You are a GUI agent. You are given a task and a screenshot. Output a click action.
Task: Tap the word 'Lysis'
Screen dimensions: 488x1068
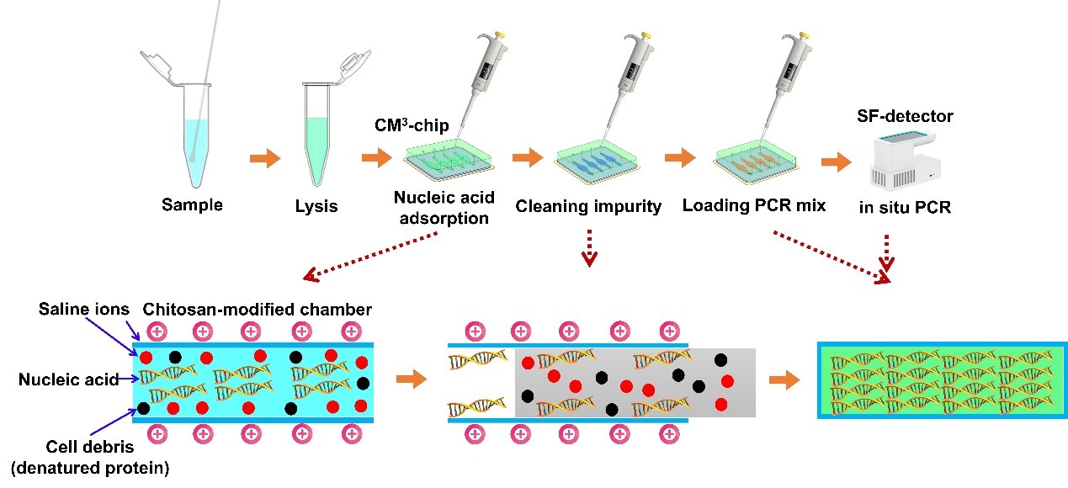pyautogui.click(x=316, y=206)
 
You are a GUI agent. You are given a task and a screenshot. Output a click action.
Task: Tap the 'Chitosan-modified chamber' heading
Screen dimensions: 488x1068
pyautogui.click(x=258, y=310)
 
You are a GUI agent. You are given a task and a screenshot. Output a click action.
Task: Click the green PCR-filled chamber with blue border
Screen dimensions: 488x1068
pyautogui.click(x=937, y=379)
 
